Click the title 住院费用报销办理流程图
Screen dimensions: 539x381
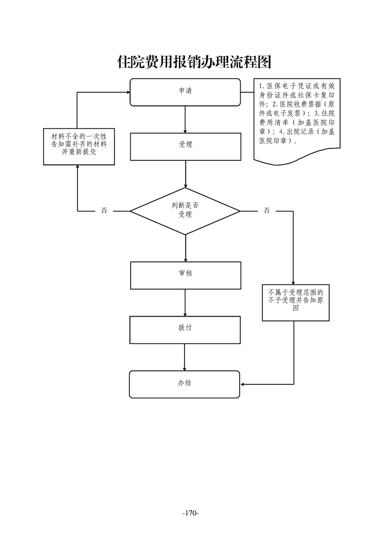tap(195, 61)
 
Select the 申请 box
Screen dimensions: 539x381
tap(185, 92)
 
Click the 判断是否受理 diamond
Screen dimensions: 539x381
tap(185, 210)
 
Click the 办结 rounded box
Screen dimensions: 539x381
tap(185, 384)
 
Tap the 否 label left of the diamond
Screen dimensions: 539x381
tap(104, 210)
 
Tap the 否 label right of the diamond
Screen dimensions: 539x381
tap(267, 210)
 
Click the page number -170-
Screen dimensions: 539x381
tap(190, 513)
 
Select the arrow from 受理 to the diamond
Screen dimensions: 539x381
tap(185, 174)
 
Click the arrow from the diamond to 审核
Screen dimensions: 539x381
tap(185, 248)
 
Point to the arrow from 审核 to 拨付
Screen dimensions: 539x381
tap(185, 303)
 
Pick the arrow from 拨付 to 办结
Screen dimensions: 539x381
tap(185, 357)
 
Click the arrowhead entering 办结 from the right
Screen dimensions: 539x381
tap(243, 384)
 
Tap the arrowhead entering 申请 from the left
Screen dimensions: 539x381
tap(127, 92)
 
